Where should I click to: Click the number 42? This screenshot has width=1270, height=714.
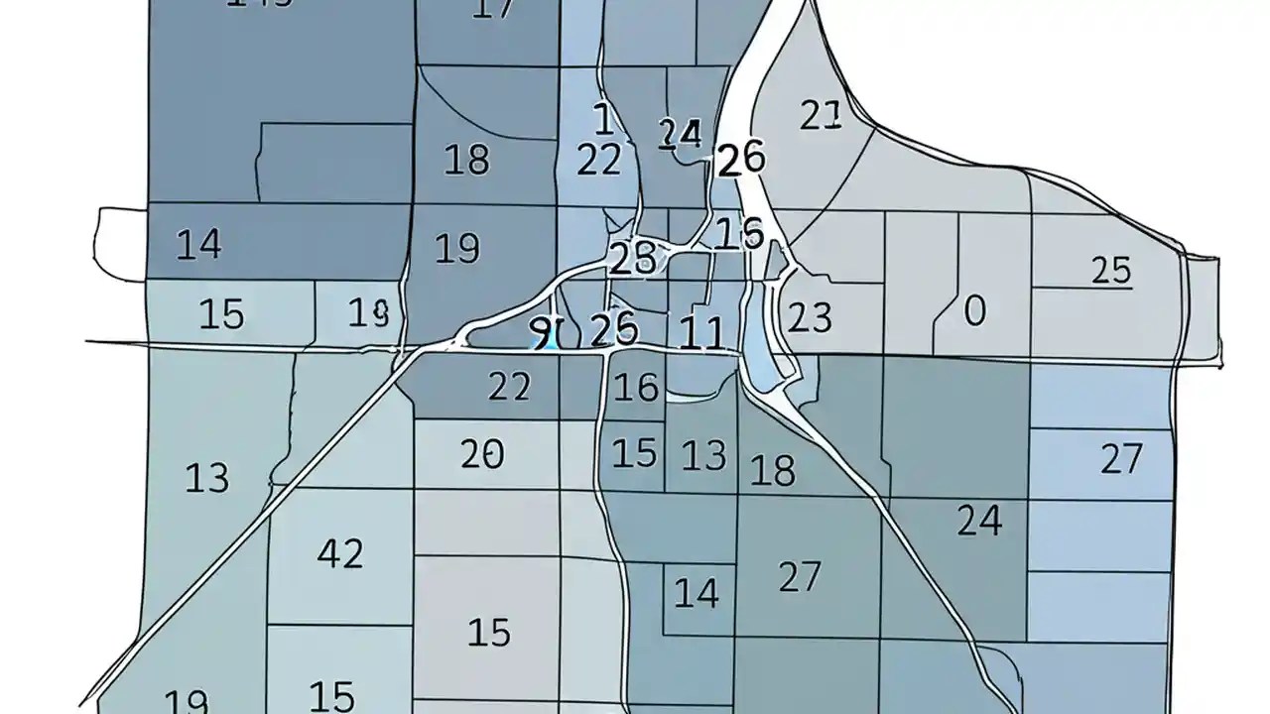(x=340, y=553)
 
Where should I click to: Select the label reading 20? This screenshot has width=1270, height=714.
(x=482, y=454)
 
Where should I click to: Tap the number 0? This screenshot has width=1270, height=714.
(x=974, y=311)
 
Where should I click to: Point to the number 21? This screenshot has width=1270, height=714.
(x=821, y=116)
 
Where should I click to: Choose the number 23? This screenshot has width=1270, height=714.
(x=810, y=317)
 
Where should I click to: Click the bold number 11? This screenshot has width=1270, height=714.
(x=702, y=333)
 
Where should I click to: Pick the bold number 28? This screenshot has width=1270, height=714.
(x=632, y=259)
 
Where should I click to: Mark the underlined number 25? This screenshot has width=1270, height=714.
(x=1111, y=271)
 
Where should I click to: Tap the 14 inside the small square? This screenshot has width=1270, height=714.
(x=697, y=593)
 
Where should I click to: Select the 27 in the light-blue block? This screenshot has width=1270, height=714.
(x=1121, y=459)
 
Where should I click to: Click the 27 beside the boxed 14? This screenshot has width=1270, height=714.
(x=800, y=576)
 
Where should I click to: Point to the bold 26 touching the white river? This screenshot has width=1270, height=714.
(x=740, y=159)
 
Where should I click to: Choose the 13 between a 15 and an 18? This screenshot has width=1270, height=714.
(x=703, y=456)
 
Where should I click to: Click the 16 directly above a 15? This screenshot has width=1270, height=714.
(x=636, y=388)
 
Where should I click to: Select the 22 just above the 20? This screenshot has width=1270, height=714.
(x=509, y=387)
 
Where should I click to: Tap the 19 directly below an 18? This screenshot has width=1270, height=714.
(x=457, y=248)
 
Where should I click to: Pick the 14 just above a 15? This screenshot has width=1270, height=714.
(x=198, y=244)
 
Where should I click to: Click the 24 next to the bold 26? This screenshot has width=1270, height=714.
(x=681, y=133)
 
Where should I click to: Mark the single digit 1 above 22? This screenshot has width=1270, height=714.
(x=602, y=119)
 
